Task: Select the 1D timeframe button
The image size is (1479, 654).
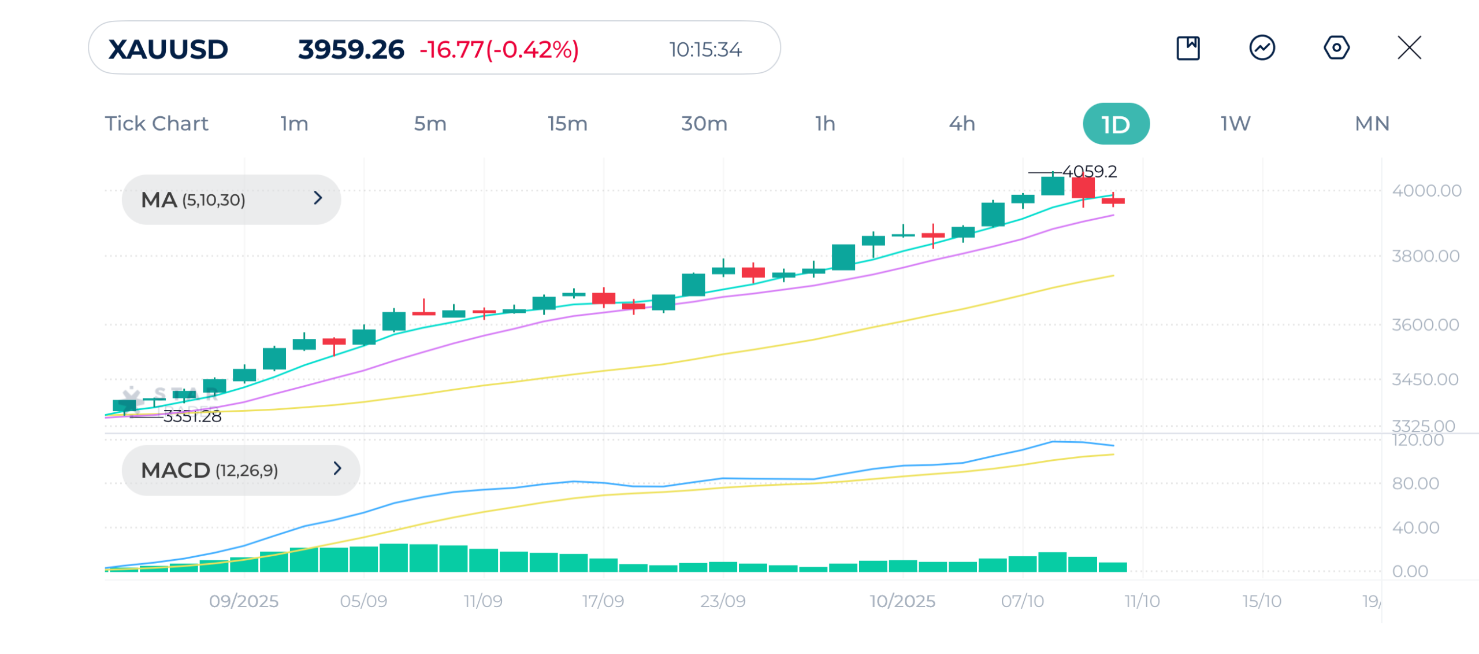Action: coord(1116,124)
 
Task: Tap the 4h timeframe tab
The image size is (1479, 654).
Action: coord(962,124)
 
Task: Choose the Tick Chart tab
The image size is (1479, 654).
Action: coord(157,124)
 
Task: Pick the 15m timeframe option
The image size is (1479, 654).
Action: coord(567,124)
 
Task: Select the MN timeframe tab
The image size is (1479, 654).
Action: coord(1372,124)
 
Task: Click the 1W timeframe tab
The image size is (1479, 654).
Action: coord(1235,124)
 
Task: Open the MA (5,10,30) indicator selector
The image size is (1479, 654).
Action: coord(231,199)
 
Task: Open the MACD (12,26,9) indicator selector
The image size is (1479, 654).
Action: coord(240,470)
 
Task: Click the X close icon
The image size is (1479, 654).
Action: coord(1409,47)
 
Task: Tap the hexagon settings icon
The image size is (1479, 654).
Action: coord(1336,47)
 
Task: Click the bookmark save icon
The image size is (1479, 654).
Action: coord(1188,47)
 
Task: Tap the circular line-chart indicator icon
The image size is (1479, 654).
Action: coord(1262,47)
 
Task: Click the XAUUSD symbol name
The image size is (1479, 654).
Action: coord(168,49)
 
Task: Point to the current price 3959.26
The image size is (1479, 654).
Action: coord(351,49)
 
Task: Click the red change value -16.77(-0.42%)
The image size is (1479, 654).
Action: coord(499,50)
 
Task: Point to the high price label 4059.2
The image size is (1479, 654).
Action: coord(1090,171)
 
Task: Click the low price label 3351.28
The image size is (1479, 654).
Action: coord(192,416)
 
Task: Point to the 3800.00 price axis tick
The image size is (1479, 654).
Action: coord(1425,256)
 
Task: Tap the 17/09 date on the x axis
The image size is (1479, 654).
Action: coord(603,601)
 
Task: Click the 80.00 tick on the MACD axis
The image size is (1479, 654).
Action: coord(1415,483)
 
